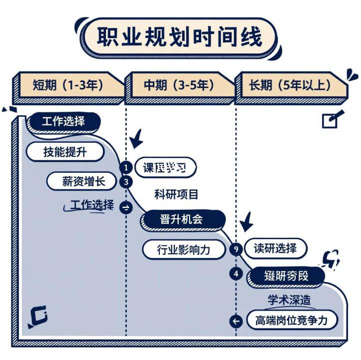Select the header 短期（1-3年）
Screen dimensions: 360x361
point(68,85)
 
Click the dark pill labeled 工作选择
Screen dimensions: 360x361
point(64,121)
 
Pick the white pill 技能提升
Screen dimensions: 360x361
point(65,152)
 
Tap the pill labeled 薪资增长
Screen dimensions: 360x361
point(83,181)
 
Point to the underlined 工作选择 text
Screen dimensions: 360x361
point(92,205)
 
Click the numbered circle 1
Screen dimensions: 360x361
point(127,167)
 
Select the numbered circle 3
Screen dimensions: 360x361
point(127,181)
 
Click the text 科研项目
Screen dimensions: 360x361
point(176,194)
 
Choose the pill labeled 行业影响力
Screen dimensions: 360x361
point(183,249)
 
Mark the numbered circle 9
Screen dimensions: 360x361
point(236,249)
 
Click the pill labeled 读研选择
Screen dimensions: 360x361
point(275,248)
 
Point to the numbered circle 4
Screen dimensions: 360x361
point(236,274)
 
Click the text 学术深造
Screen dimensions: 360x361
point(289,300)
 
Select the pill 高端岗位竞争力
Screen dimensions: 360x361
point(291,320)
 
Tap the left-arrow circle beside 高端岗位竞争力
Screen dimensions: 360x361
point(236,321)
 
